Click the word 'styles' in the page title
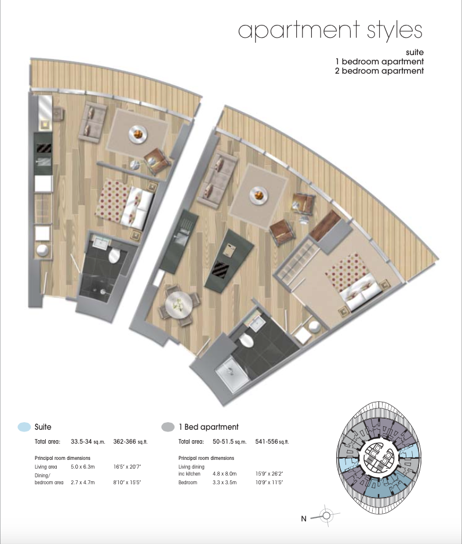(x=395, y=31)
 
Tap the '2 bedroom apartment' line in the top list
(x=379, y=71)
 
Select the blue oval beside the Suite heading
(x=24, y=427)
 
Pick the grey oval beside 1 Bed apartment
(x=168, y=427)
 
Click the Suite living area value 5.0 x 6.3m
(x=82, y=467)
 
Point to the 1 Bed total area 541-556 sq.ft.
(x=272, y=442)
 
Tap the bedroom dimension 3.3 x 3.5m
(x=224, y=483)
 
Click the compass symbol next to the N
(x=326, y=516)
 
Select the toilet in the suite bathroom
(x=114, y=256)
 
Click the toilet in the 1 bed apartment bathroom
(x=246, y=340)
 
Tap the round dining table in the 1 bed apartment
(x=179, y=304)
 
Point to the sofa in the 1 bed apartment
(x=217, y=179)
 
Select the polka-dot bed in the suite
(x=125, y=205)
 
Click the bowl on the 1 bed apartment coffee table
(x=259, y=195)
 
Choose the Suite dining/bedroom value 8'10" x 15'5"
(x=127, y=483)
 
